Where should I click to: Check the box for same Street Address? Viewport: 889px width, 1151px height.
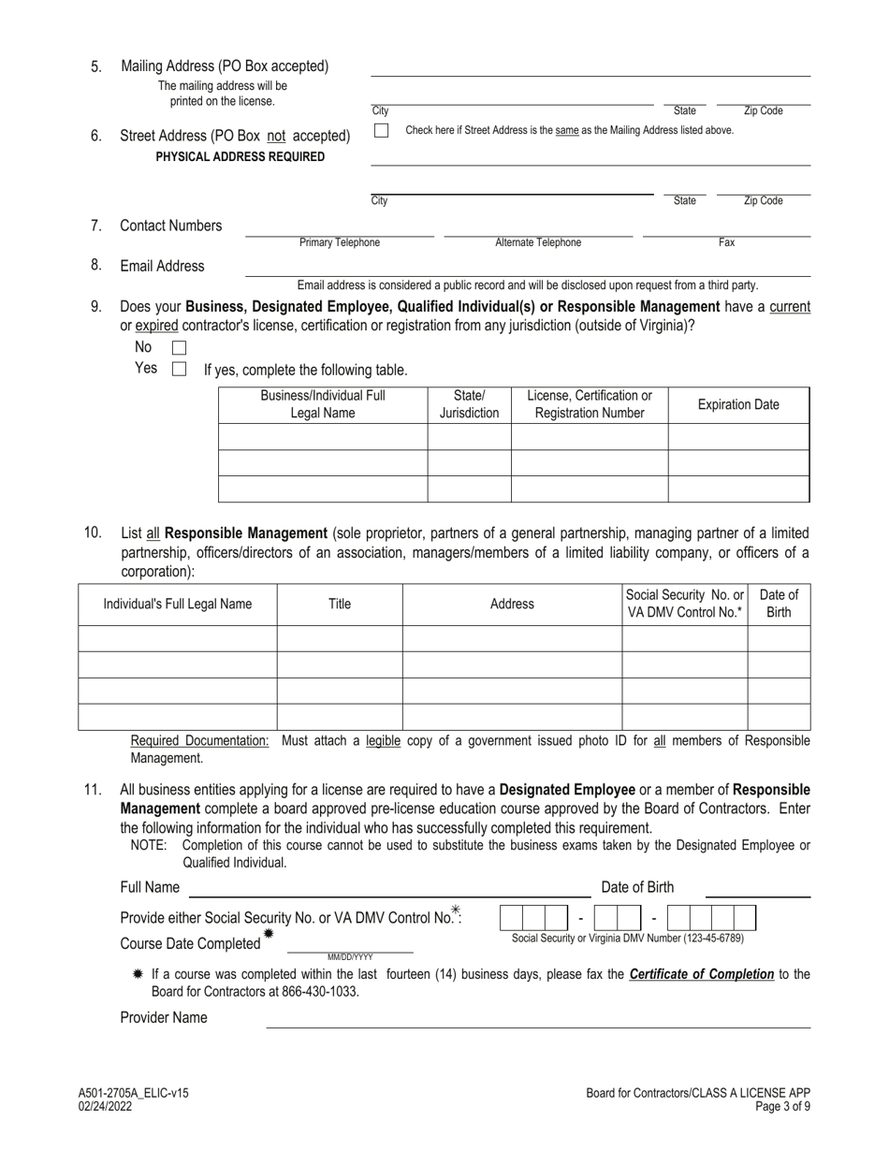tap(381, 131)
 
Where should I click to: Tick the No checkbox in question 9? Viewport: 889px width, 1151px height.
tap(180, 348)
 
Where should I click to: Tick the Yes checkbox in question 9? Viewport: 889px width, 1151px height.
tap(180, 370)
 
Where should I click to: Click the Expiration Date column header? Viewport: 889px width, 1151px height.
tap(737, 405)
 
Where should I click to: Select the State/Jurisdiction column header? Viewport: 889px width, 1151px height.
tap(469, 405)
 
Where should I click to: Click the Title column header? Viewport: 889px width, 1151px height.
tap(340, 605)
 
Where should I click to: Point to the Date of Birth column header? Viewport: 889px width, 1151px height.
tap(779, 605)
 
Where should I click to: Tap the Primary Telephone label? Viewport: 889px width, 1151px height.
tap(340, 243)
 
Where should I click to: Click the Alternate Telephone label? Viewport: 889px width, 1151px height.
tap(537, 243)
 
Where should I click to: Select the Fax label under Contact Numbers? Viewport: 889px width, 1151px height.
tap(726, 243)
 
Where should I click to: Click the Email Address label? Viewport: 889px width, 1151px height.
tap(162, 267)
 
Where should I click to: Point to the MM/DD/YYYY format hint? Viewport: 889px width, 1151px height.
tap(350, 957)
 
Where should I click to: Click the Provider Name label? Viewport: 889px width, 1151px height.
tap(164, 1018)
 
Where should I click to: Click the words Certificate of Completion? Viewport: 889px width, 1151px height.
tap(701, 974)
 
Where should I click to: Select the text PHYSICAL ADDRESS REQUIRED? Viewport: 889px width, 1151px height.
tap(240, 157)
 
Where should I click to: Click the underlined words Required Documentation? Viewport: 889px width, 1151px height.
tap(199, 741)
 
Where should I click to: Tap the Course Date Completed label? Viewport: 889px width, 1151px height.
tap(190, 943)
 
